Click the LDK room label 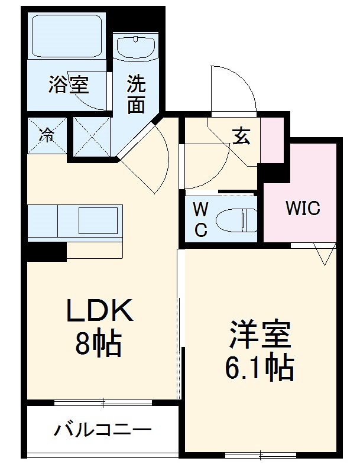click(x=100, y=311)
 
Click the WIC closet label click(x=302, y=209)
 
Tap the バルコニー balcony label click(x=103, y=430)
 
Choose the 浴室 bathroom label click(x=69, y=86)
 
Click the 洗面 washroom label click(x=136, y=95)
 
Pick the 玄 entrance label click(x=241, y=137)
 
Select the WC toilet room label click(x=201, y=220)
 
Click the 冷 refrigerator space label click(x=46, y=135)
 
